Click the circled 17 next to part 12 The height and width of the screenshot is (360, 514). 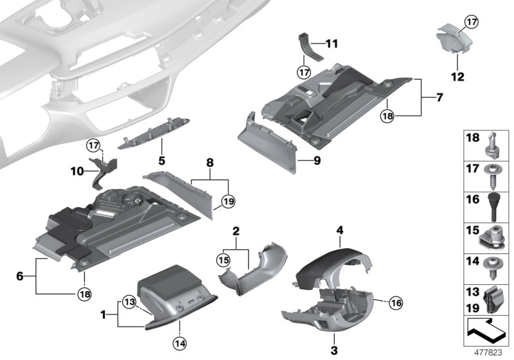pos(472,22)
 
